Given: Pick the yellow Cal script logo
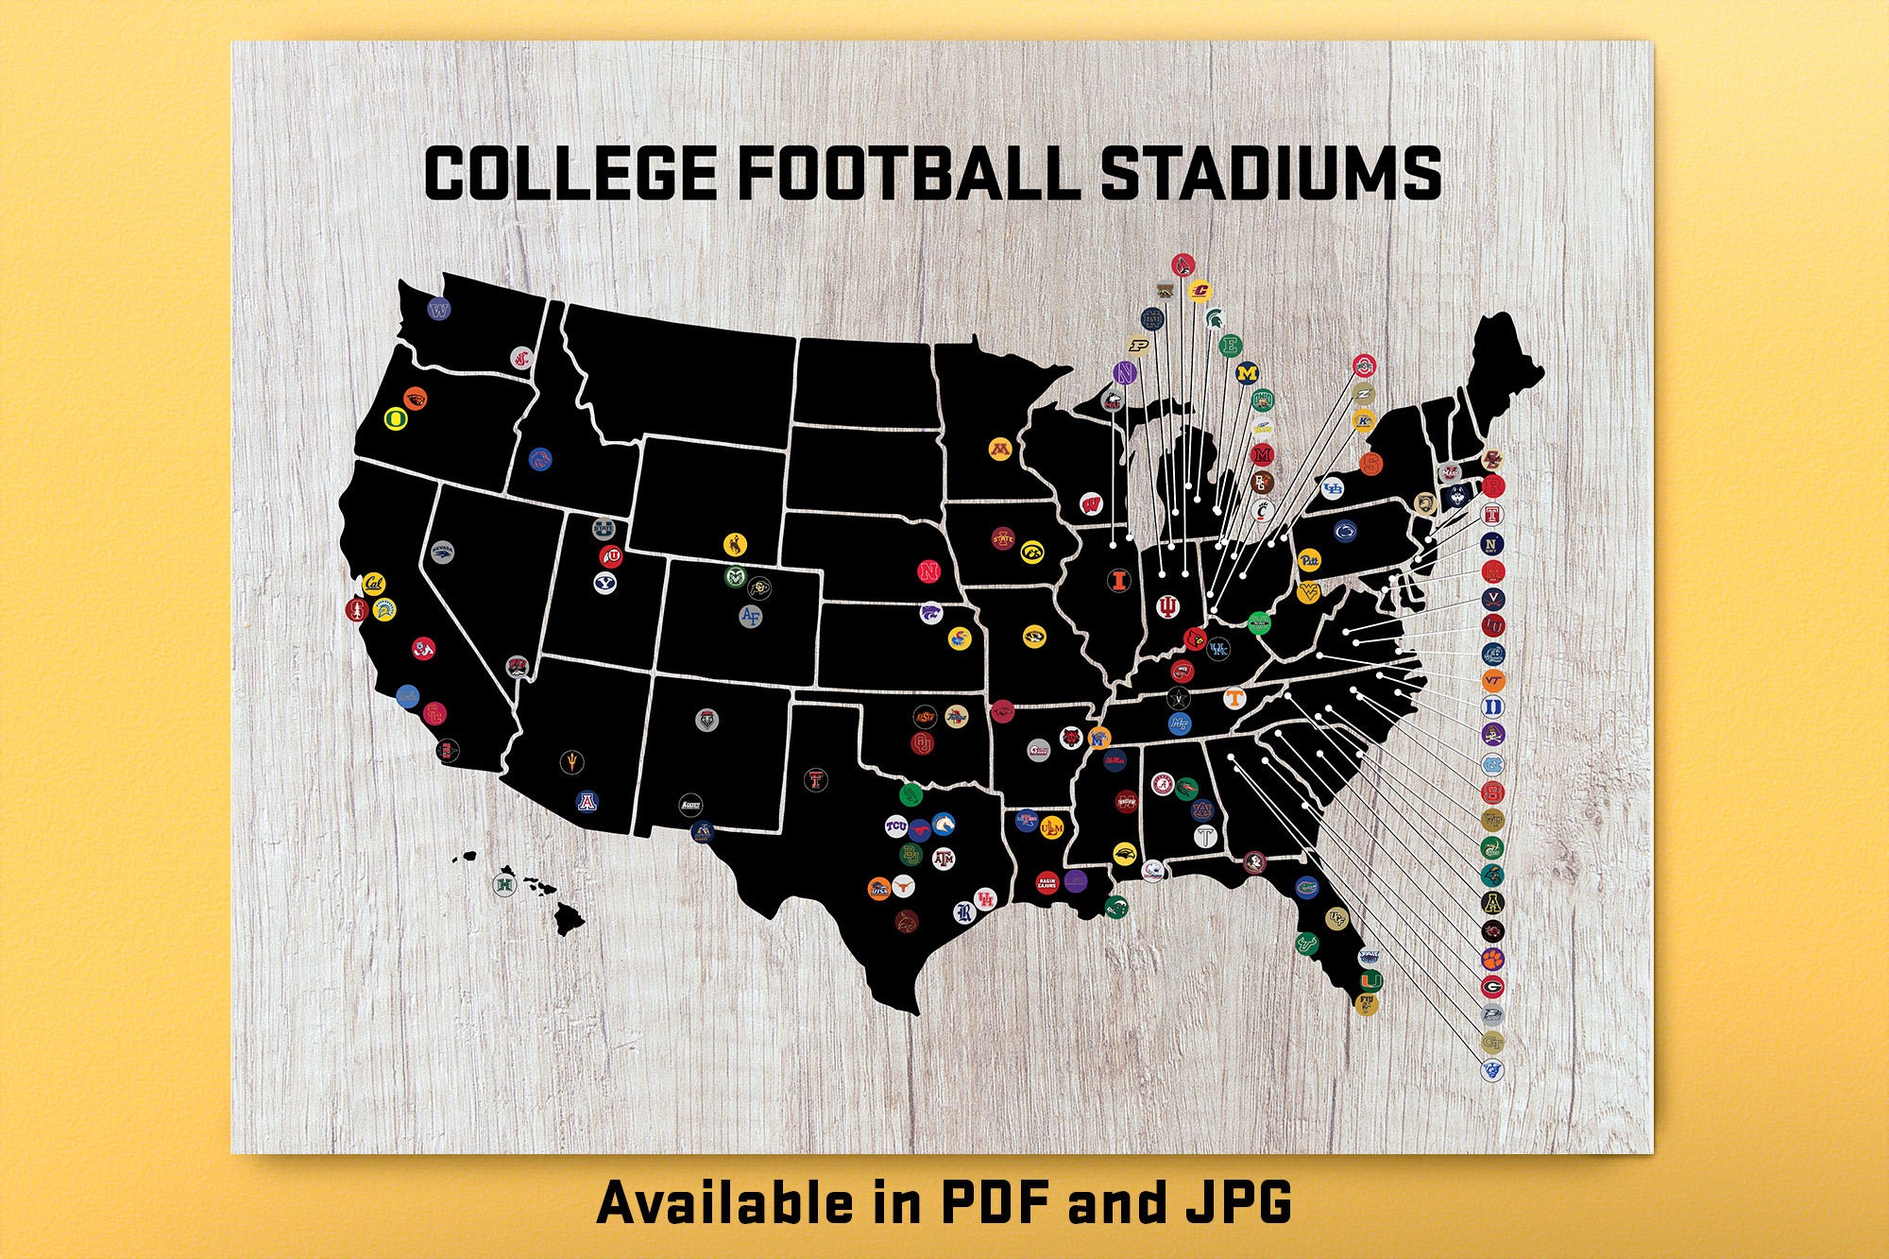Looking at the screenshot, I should point(374,583).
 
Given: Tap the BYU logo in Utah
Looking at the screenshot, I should point(605,583).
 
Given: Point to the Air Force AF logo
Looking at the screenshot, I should point(750,616).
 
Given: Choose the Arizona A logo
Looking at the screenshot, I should point(587,802).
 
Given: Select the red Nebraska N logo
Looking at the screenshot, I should point(929,571).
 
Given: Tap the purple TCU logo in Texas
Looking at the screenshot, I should point(895,827).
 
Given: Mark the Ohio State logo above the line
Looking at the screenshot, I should point(1363,366).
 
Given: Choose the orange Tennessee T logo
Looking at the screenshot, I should point(1234,698).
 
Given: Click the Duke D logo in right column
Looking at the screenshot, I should point(1492,707).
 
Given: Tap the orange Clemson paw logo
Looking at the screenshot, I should point(1492,960).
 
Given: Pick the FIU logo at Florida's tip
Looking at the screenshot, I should point(1366,1004).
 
